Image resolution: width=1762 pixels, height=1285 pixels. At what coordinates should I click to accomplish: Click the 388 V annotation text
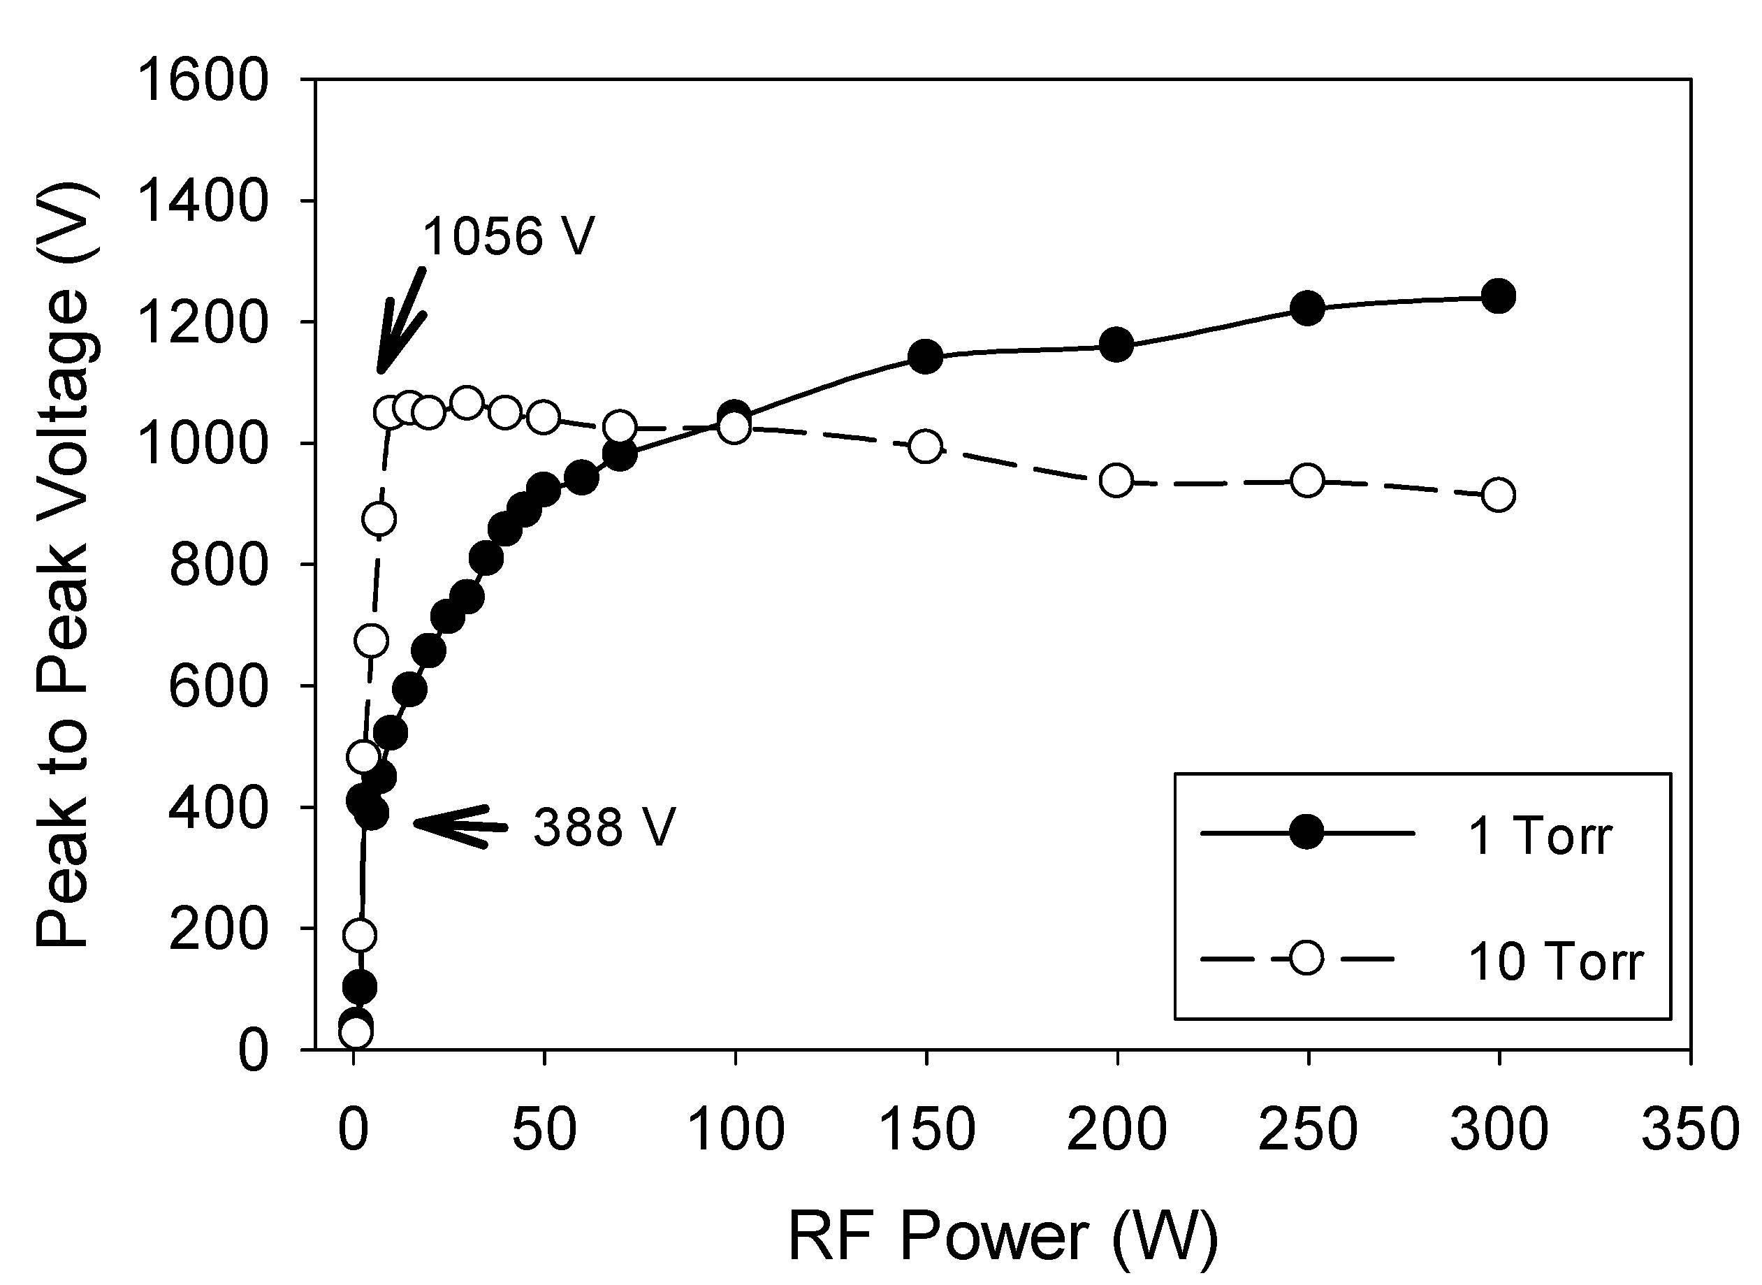pyautogui.click(x=604, y=827)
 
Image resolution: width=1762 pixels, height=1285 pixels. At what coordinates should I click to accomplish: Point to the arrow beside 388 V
pyautogui.click(x=459, y=825)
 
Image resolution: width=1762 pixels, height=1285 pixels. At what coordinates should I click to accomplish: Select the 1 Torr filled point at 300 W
pyautogui.click(x=1499, y=296)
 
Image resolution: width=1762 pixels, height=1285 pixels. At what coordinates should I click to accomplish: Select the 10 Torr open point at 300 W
pyautogui.click(x=1499, y=495)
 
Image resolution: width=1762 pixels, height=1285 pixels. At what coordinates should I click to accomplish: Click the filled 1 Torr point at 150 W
pyautogui.click(x=925, y=357)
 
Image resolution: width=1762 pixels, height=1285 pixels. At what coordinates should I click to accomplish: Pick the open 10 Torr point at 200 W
pyautogui.click(x=1116, y=481)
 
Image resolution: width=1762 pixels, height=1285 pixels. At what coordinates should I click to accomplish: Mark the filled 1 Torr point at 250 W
pyautogui.click(x=1308, y=309)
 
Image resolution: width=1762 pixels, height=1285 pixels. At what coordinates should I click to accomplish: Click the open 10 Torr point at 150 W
pyautogui.click(x=925, y=447)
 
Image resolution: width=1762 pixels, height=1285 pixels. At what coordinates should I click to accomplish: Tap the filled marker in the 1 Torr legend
pyautogui.click(x=1306, y=833)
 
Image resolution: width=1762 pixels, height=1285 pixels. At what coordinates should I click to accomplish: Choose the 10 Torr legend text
pyautogui.click(x=1555, y=961)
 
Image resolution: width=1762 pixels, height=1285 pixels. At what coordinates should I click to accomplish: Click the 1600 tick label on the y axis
pyautogui.click(x=201, y=81)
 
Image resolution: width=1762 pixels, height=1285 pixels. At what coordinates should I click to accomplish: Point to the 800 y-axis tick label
pyautogui.click(x=218, y=565)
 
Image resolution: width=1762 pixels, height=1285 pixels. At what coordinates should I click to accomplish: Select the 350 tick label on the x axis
pyautogui.click(x=1689, y=1128)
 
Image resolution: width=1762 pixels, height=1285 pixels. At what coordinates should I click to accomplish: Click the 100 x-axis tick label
pyautogui.click(x=736, y=1128)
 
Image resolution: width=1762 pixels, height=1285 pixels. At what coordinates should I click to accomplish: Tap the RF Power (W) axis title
pyautogui.click(x=1003, y=1236)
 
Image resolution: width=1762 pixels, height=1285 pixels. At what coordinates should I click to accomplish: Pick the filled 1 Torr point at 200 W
pyautogui.click(x=1116, y=344)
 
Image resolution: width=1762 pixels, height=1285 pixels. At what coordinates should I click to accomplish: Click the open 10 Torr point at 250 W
pyautogui.click(x=1308, y=481)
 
